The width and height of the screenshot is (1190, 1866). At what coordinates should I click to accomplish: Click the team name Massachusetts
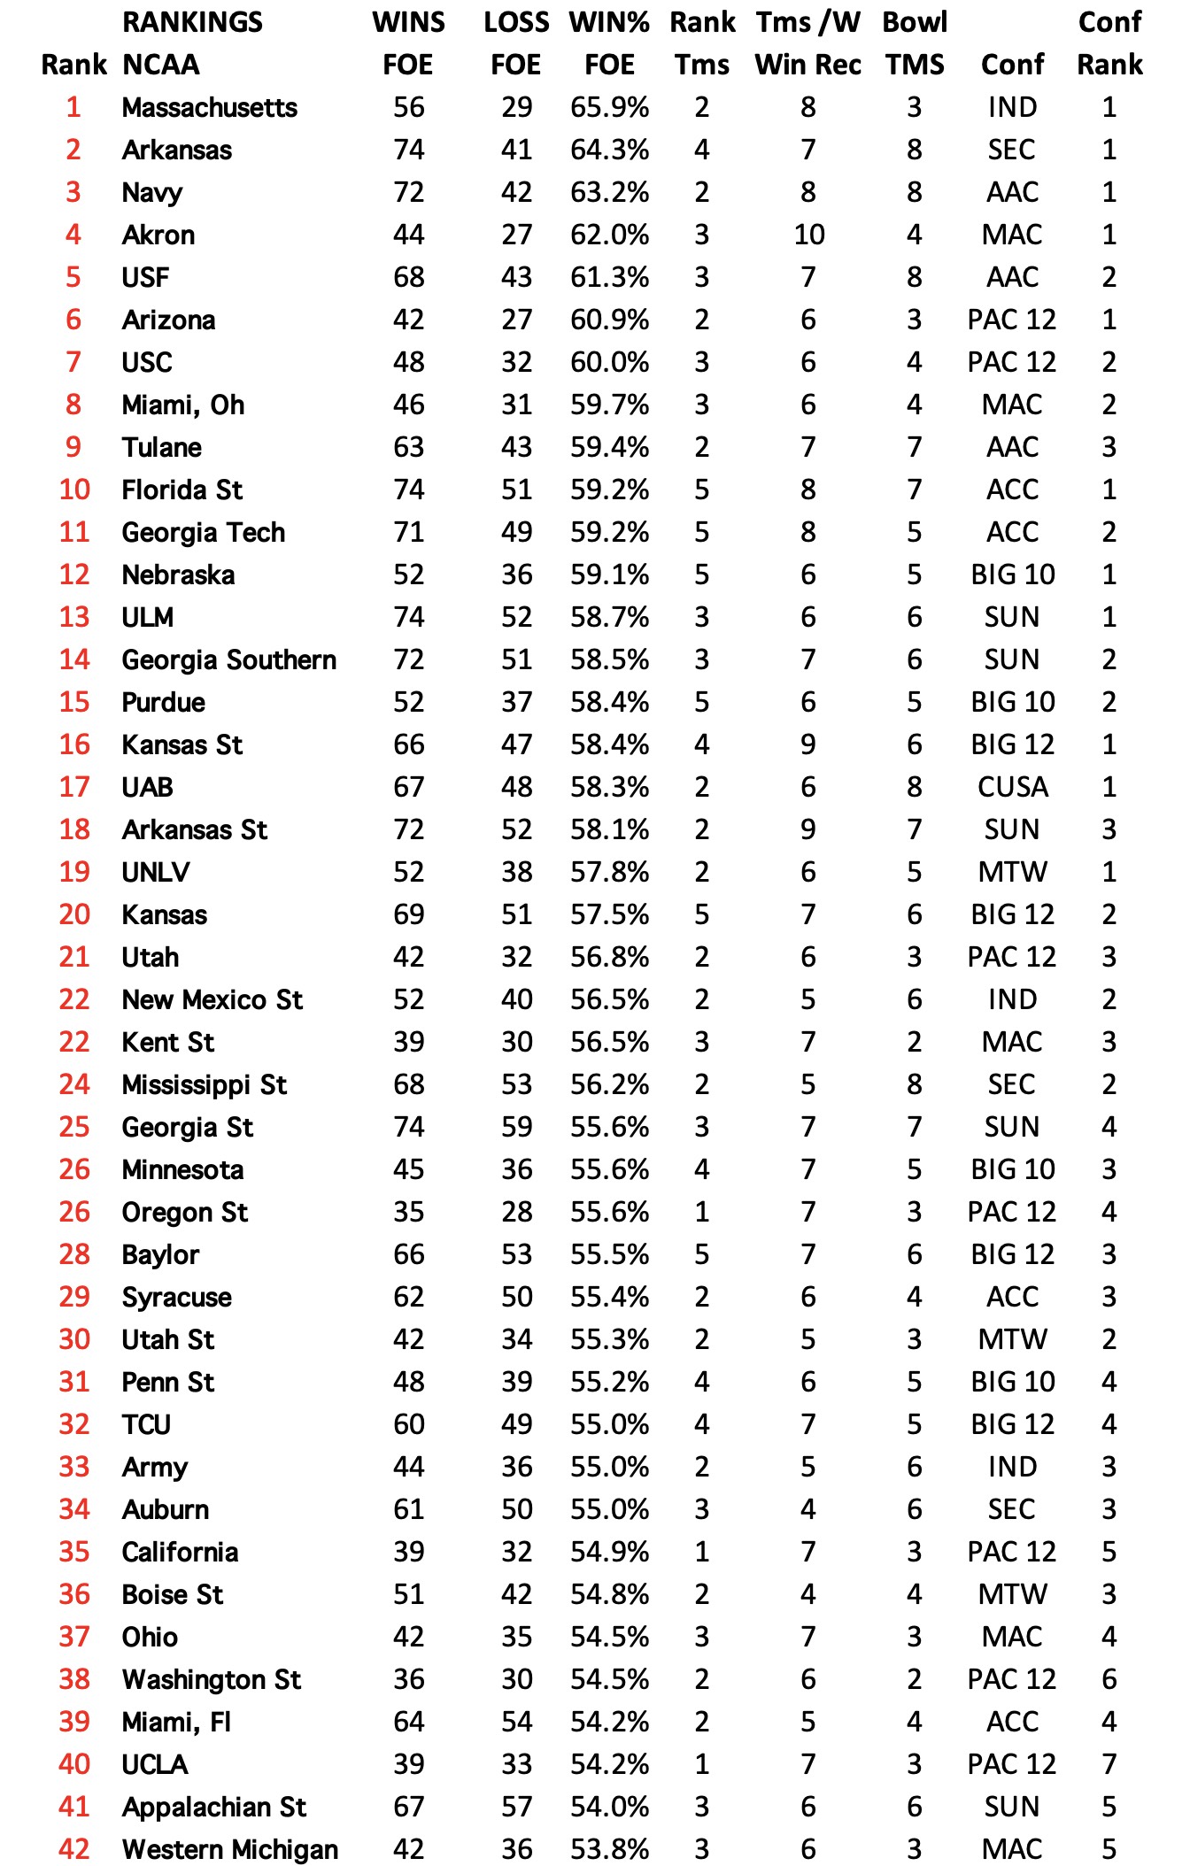(x=209, y=107)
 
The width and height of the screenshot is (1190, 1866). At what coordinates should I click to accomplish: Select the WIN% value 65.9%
(x=609, y=107)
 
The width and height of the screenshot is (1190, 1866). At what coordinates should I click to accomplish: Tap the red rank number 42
(x=74, y=1848)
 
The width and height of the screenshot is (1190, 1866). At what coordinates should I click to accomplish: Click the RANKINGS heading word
(x=192, y=22)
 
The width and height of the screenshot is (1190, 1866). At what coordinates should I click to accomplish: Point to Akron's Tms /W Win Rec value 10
(x=808, y=235)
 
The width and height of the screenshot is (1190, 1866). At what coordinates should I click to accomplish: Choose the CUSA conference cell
(x=1012, y=787)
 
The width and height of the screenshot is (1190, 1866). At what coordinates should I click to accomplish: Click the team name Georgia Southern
(x=228, y=659)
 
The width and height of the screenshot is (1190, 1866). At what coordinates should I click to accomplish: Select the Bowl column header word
(x=915, y=22)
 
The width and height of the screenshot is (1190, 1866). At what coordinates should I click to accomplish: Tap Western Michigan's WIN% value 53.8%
(x=609, y=1848)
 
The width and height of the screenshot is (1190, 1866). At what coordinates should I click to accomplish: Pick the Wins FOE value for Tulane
(x=409, y=447)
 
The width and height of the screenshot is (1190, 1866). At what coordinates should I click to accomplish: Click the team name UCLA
(x=155, y=1764)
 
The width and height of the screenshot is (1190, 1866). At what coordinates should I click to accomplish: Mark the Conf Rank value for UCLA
(x=1109, y=1764)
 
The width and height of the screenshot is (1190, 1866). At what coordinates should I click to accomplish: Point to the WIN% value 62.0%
(x=609, y=235)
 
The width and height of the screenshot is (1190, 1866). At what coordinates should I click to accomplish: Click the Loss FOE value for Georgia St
(x=517, y=1127)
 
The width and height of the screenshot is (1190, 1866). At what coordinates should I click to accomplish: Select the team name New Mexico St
(x=212, y=999)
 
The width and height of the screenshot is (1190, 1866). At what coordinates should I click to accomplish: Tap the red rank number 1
(x=73, y=107)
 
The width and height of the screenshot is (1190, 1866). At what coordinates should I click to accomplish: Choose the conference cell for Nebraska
(x=1012, y=574)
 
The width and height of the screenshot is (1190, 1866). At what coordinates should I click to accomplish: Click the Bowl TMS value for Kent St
(x=915, y=1042)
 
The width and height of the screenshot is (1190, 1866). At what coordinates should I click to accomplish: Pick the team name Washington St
(x=211, y=1679)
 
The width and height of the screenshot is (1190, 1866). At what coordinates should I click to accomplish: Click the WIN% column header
(x=609, y=22)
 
